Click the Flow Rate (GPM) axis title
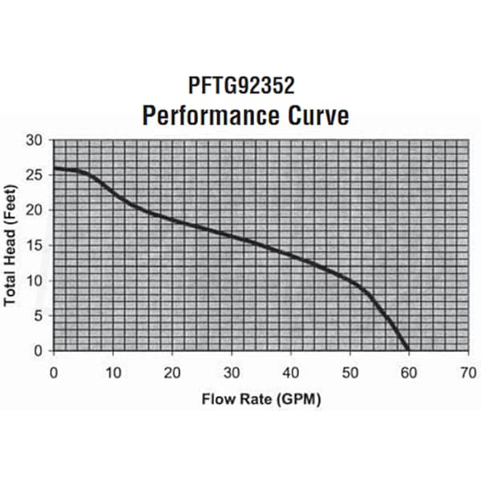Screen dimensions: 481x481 (261, 398)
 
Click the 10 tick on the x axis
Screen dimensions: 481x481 (113, 373)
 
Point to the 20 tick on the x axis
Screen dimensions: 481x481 (172, 373)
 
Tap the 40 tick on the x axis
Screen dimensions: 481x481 (290, 373)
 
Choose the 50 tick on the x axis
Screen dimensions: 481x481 (350, 373)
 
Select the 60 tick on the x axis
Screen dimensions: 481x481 (409, 373)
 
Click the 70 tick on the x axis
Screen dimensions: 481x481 (467, 373)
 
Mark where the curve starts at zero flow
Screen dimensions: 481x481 (54, 168)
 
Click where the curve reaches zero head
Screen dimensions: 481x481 (408, 350)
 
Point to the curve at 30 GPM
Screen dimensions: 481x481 (231, 236)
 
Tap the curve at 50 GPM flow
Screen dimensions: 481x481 (350, 280)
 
